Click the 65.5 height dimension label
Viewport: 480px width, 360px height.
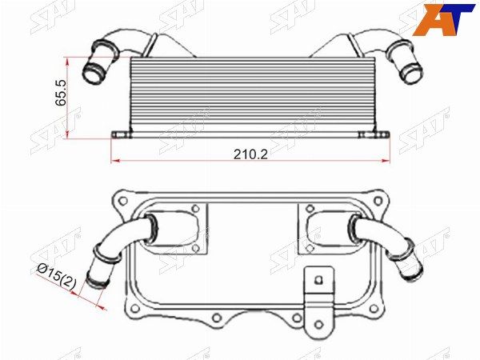(61, 93)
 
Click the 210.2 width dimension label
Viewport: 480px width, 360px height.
(250, 154)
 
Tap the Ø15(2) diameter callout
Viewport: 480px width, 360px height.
(56, 277)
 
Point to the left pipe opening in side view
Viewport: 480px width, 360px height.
(93, 73)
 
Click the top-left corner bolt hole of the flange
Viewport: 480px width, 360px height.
(123, 201)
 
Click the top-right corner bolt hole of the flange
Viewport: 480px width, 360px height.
(378, 201)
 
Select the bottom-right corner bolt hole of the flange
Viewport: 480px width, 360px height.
(373, 308)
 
